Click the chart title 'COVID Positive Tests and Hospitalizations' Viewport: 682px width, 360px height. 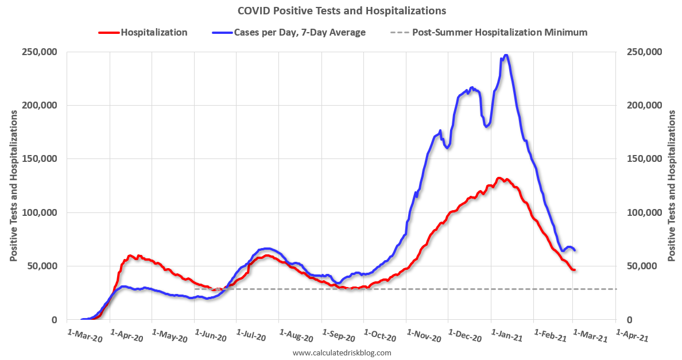341,11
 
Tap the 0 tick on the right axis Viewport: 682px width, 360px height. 629,320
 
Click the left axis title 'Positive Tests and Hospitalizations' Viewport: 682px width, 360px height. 13,186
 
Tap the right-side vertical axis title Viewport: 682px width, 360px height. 672,186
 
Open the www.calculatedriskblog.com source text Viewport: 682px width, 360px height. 342,353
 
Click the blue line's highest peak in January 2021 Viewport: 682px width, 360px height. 505,55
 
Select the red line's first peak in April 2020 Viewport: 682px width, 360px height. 130,256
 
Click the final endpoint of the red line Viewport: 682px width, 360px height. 574,270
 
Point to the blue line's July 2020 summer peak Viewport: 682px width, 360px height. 267,249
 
